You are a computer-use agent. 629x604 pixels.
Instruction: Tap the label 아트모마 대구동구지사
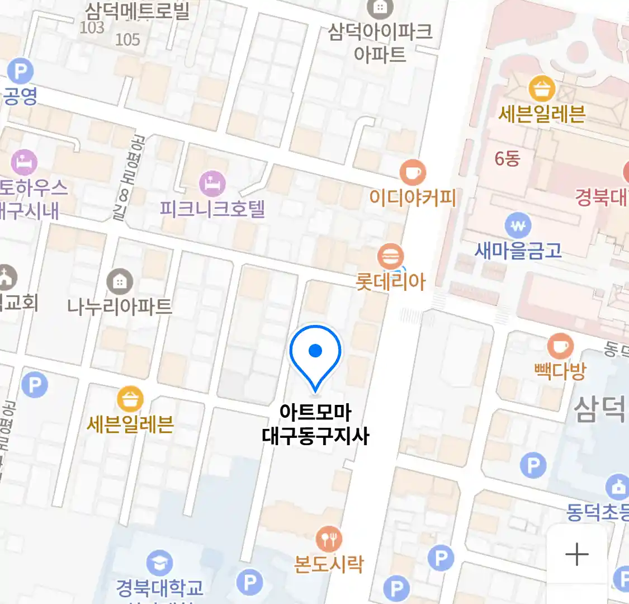(315, 424)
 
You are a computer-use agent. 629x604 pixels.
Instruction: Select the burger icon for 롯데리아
(390, 257)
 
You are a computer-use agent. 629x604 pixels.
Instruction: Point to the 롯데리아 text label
(390, 281)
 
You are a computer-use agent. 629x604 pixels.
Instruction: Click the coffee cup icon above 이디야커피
(413, 173)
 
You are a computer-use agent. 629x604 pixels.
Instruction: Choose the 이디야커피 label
(413, 197)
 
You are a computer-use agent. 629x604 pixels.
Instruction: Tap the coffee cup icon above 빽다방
(560, 347)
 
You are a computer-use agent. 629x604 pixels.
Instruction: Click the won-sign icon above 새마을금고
(518, 226)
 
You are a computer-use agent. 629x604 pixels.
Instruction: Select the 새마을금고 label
(518, 251)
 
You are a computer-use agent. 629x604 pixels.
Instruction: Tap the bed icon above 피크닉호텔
(212, 183)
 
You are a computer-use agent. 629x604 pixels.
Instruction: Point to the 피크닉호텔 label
(212, 209)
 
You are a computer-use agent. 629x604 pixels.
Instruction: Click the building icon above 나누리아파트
(119, 282)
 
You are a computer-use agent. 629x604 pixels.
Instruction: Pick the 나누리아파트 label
(119, 306)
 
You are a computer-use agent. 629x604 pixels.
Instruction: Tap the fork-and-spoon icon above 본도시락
(329, 539)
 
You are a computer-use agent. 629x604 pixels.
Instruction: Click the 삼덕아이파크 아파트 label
(380, 42)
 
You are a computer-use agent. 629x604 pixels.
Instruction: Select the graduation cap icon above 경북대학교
(159, 563)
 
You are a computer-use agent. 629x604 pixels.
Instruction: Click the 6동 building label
(507, 159)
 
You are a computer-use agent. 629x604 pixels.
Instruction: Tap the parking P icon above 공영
(21, 72)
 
